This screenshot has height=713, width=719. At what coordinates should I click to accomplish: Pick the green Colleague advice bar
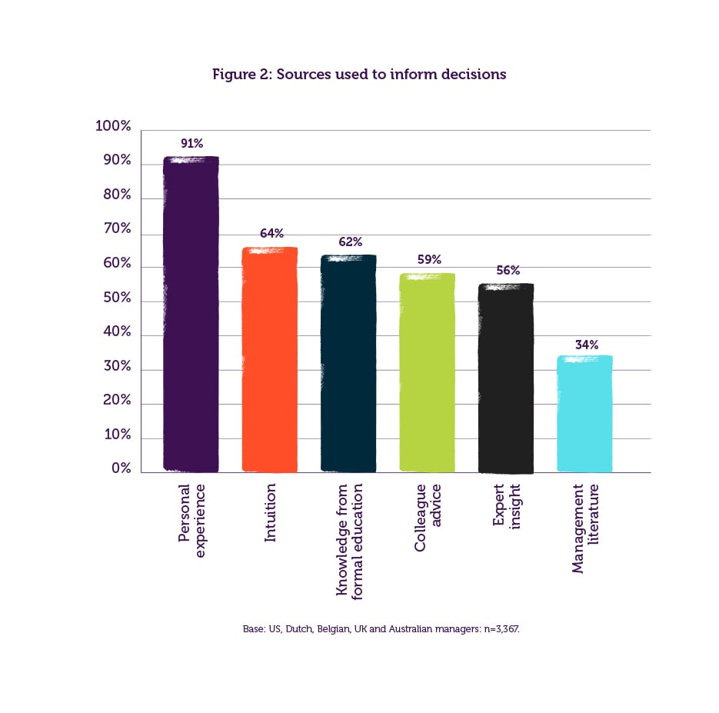point(427,372)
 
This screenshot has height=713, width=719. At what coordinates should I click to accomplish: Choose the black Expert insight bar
point(505,378)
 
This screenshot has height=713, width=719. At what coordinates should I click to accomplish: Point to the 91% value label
point(191,143)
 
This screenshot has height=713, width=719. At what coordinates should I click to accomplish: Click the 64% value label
point(271,233)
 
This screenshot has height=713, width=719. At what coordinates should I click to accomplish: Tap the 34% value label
point(587,345)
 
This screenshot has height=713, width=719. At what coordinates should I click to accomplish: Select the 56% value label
point(508,271)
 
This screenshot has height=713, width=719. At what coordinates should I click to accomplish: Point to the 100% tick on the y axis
point(113,127)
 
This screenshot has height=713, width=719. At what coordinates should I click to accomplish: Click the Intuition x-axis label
point(270,513)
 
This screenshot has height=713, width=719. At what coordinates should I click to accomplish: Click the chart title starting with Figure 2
point(359,75)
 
